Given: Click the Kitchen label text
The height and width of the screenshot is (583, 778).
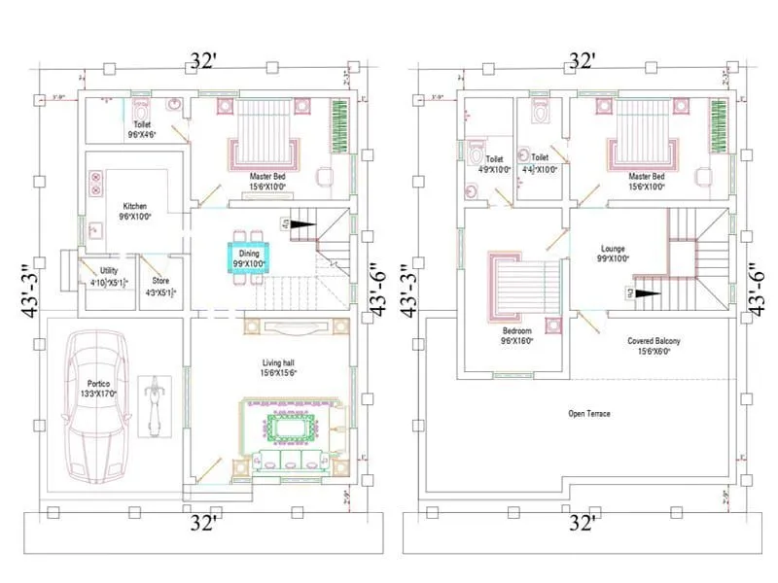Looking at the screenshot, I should point(134,206).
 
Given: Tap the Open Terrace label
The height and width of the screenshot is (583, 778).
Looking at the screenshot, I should point(589,413).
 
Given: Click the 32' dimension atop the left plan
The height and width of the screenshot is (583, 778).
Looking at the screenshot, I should point(202,60).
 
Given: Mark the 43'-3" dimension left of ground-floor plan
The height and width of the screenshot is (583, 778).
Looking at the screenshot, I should point(27,288).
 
